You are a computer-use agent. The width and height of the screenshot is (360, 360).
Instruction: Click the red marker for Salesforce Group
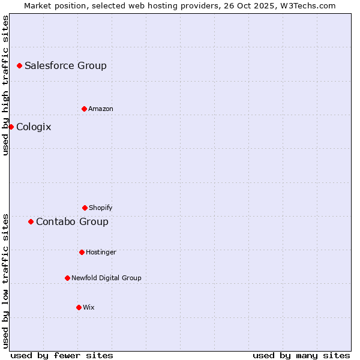pos(19,65)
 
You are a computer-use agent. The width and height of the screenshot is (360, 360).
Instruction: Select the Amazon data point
pos(84,109)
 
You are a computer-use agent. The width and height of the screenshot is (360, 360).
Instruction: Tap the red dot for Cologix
pos(11,127)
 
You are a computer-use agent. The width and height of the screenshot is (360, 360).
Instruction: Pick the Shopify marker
pos(85,208)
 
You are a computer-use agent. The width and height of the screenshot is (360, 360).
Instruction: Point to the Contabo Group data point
pos(31,221)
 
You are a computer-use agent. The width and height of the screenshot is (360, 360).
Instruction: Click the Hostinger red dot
pos(82,252)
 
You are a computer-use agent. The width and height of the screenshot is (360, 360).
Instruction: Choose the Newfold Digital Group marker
pos(67,278)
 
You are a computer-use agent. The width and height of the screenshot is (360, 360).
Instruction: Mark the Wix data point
pos(79,307)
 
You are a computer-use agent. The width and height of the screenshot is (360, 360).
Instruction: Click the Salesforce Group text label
pos(65,65)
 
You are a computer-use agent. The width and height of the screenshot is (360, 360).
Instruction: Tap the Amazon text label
pos(101,109)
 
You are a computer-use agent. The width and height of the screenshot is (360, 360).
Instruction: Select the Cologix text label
pos(34,127)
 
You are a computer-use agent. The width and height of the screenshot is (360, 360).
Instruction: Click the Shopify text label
pos(101,208)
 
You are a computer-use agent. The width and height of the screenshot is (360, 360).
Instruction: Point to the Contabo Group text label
pos(72,221)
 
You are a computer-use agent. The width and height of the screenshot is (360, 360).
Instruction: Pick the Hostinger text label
pos(101,252)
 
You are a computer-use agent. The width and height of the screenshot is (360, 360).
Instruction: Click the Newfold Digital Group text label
pos(106,278)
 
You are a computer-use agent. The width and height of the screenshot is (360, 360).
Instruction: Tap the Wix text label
pos(89,307)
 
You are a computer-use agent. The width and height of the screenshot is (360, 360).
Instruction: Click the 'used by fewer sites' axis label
pos(62,355)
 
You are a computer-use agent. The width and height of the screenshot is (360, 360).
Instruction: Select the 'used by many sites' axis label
pos(301,355)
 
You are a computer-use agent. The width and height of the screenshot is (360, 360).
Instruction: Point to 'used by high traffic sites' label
pos(5,85)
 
